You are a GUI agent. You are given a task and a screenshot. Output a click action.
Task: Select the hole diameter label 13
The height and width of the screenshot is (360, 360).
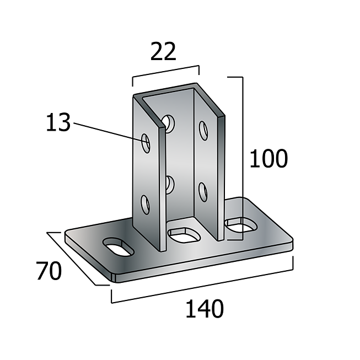tap(58, 122)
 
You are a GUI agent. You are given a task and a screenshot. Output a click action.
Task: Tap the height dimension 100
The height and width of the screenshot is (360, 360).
tap(268, 159)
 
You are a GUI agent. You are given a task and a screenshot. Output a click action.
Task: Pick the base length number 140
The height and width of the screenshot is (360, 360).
tap(204, 309)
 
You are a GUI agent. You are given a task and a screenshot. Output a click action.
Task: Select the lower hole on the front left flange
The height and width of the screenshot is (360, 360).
tap(146, 205)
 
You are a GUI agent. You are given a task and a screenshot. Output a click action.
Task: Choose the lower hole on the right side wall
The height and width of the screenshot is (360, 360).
tap(203, 191)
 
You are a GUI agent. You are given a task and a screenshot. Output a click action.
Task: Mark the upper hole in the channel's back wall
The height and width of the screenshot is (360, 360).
tap(169, 123)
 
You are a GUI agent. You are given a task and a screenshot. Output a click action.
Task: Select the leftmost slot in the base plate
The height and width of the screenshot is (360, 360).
tap(117, 246)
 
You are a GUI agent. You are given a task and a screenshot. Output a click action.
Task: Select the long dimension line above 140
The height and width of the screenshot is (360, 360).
tap(202, 287)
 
